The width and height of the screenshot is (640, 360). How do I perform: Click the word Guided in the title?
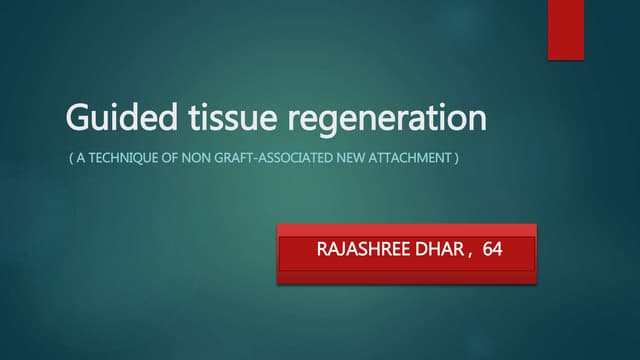pyautogui.click(x=110, y=118)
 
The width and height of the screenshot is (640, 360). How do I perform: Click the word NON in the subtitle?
pyautogui.click(x=198, y=158)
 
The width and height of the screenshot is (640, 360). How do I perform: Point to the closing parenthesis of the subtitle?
pyautogui.click(x=456, y=158)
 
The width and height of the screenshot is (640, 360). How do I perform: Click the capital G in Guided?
pyautogui.click(x=76, y=118)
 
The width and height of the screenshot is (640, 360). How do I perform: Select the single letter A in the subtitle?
pyautogui.click(x=83, y=158)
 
